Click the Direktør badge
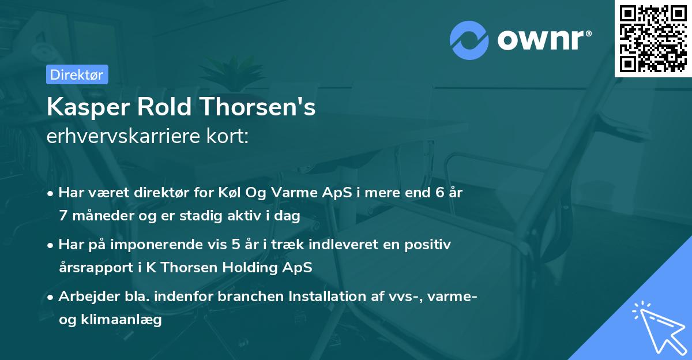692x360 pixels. [x=77, y=74]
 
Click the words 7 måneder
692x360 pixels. [x=89, y=216]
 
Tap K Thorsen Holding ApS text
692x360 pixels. [x=247, y=268]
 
